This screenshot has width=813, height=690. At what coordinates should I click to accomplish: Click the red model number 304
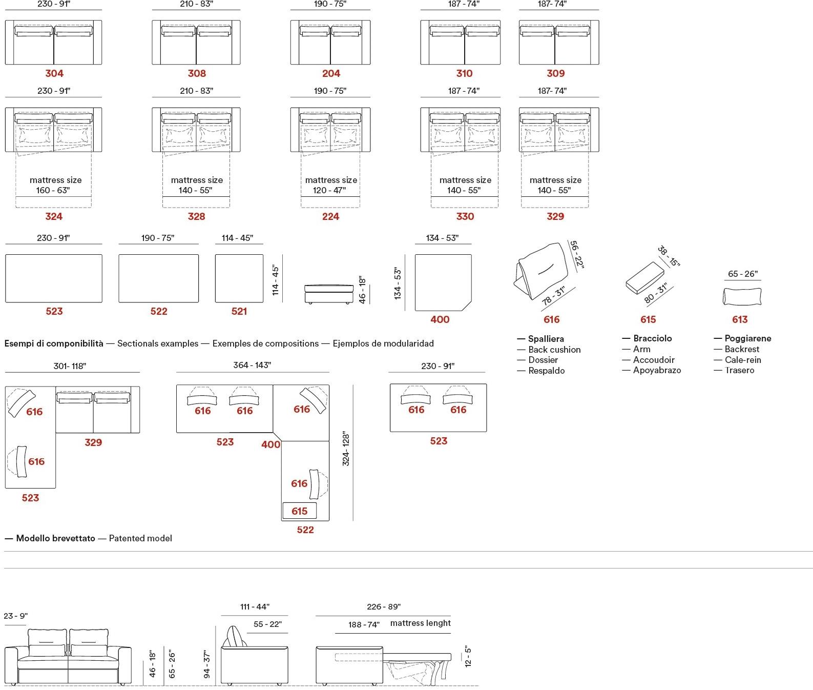(54, 73)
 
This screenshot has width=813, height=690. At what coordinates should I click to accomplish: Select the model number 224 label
(330, 216)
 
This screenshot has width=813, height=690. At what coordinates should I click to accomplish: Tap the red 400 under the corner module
(440, 319)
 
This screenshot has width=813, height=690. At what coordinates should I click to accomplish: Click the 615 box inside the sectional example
(299, 511)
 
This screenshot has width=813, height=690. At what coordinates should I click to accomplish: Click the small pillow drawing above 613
(742, 296)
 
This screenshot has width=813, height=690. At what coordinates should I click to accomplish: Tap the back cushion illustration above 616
(541, 270)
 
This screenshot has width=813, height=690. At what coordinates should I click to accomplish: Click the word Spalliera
(546, 339)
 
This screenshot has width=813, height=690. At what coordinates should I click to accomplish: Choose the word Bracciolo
(652, 338)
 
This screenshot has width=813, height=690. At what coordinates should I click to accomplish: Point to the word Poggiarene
(747, 338)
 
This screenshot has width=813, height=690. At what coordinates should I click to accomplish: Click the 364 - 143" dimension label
(252, 365)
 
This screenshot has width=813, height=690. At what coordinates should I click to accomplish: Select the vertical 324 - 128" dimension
(346, 449)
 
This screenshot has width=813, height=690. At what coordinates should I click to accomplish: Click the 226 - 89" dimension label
(384, 606)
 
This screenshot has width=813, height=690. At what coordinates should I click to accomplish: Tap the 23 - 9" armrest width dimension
(15, 616)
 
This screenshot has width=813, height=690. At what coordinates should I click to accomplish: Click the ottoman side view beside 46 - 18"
(328, 293)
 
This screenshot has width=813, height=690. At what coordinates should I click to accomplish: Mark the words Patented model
(140, 538)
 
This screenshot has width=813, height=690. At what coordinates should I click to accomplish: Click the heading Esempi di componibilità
(54, 343)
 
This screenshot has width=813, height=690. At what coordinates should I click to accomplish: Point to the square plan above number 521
(239, 278)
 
